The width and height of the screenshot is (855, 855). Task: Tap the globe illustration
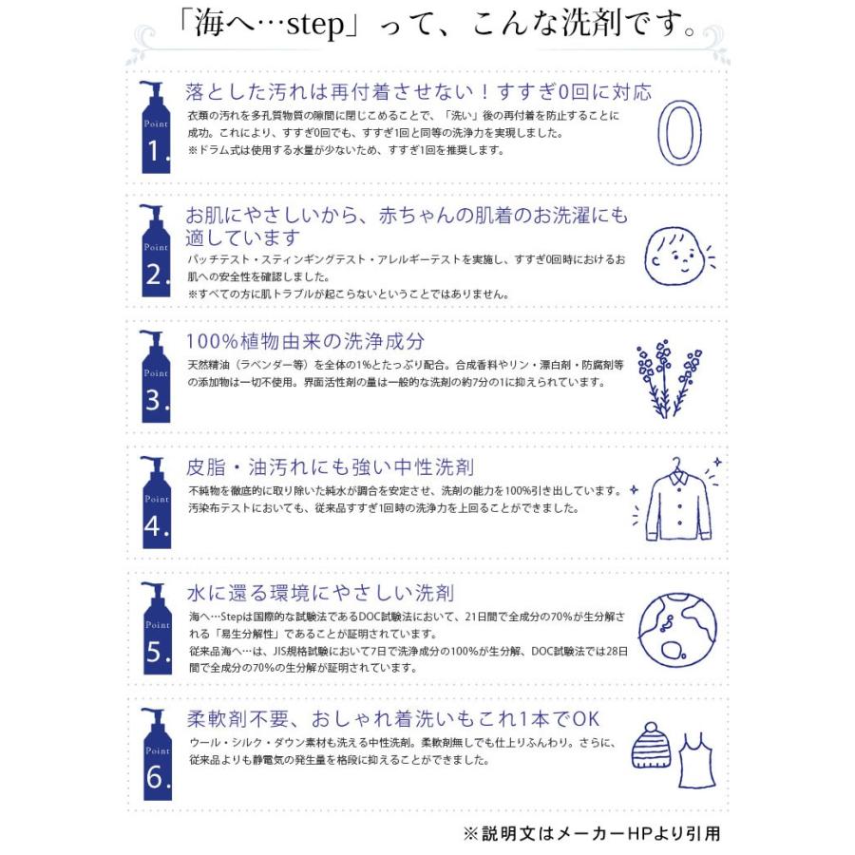pos(677,631)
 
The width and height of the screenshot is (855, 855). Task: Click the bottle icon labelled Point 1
pos(156,127)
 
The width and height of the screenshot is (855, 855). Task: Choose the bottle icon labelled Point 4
pos(156,503)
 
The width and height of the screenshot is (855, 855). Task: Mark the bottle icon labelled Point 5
pos(156,630)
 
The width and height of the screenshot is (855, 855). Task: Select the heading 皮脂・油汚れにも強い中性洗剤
pos(331,468)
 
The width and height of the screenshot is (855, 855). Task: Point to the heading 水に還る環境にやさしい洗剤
pos(319,594)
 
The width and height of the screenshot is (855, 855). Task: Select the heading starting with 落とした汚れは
pos(419,93)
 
